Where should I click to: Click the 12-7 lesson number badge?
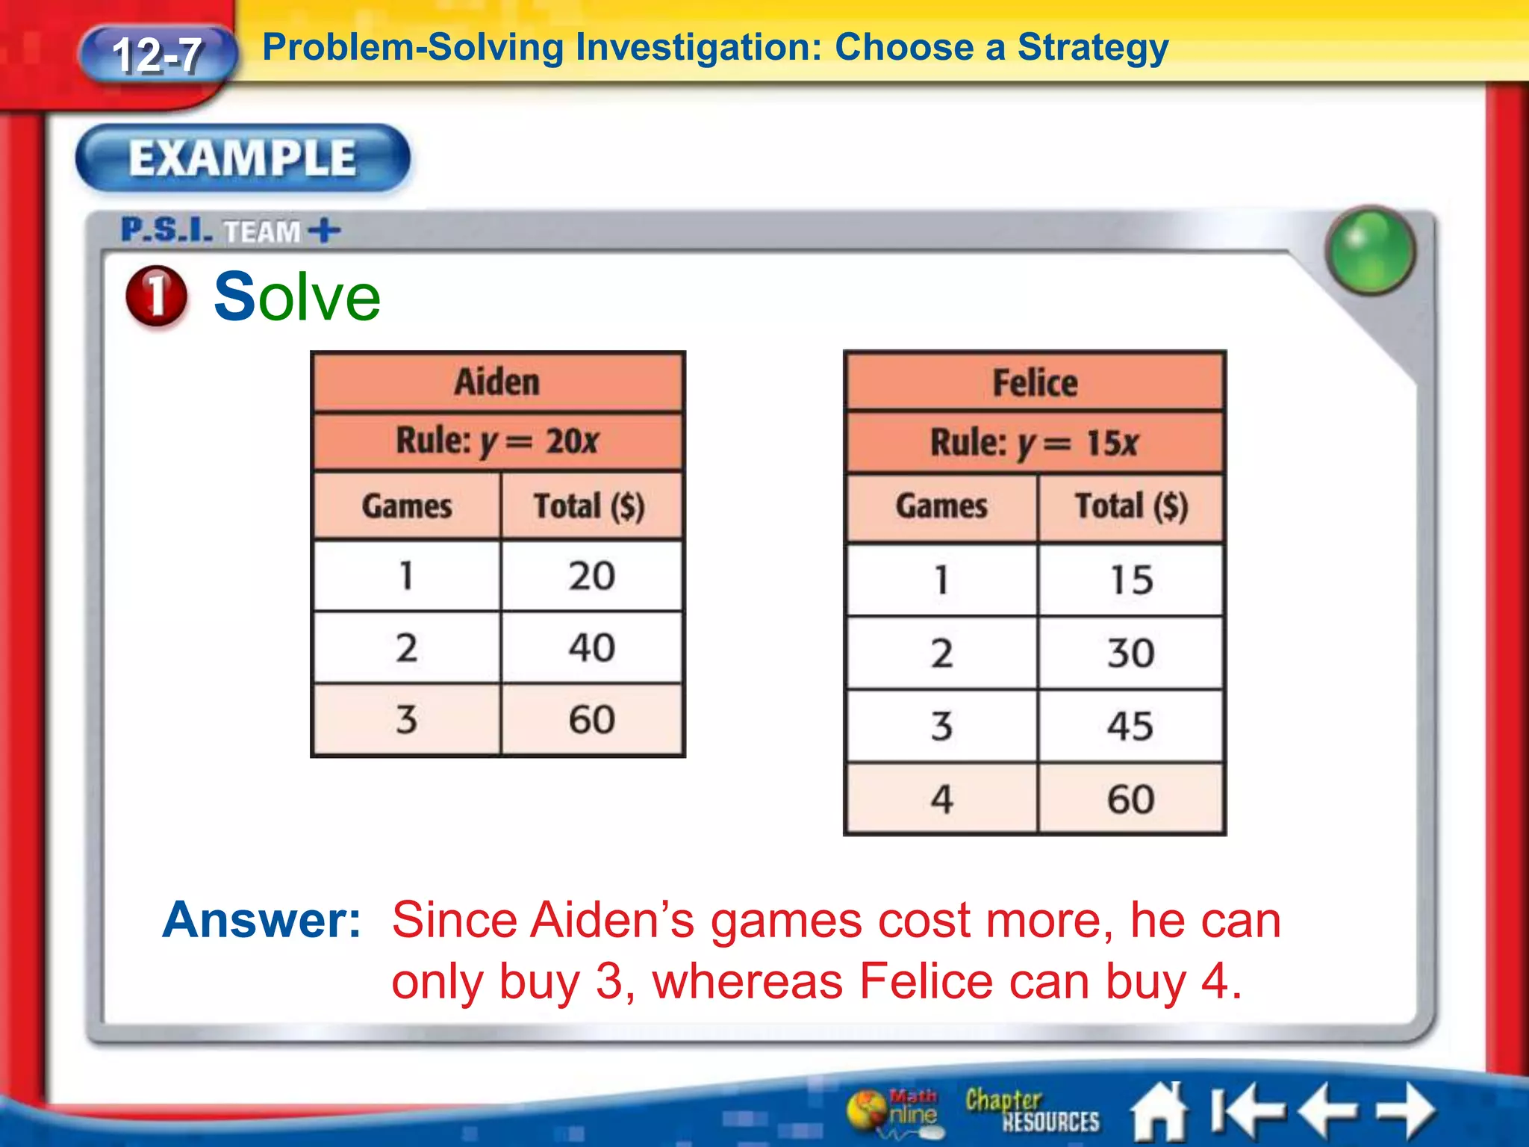(x=157, y=55)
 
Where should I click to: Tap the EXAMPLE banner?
(x=243, y=158)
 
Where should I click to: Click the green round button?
(x=1371, y=250)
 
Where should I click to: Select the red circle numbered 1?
(x=157, y=296)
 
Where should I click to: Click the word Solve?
(x=297, y=297)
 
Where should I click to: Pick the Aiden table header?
(x=497, y=382)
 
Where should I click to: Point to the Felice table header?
(x=1035, y=383)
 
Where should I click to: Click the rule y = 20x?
(x=497, y=441)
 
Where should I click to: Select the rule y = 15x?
(x=1035, y=443)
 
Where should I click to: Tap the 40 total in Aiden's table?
(x=591, y=647)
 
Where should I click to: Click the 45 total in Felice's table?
(x=1130, y=726)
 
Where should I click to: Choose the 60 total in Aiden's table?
(x=591, y=720)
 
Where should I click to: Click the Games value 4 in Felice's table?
(x=941, y=799)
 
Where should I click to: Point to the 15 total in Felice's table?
(x=1130, y=580)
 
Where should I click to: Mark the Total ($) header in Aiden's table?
(x=589, y=506)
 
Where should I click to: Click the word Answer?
(x=262, y=920)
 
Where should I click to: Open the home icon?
(x=1159, y=1112)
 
